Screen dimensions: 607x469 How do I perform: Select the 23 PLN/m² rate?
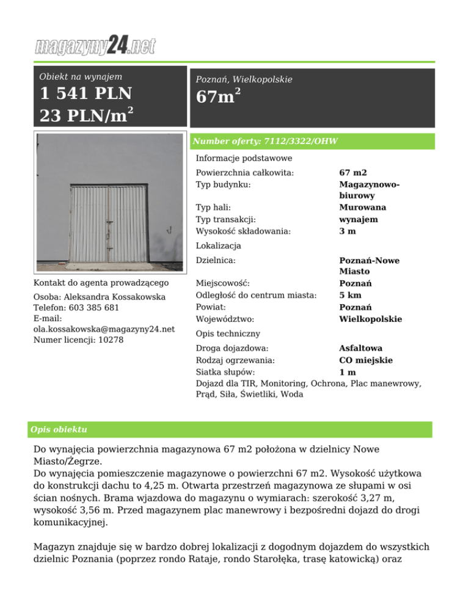[x=86, y=115]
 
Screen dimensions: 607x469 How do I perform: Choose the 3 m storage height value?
[x=347, y=231]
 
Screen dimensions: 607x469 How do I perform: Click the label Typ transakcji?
[x=224, y=220]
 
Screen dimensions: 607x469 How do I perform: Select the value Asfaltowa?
[x=361, y=348]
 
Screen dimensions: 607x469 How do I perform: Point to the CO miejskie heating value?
[x=366, y=360]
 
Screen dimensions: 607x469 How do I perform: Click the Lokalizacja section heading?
[x=218, y=246]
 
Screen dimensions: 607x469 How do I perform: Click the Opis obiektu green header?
[x=59, y=429]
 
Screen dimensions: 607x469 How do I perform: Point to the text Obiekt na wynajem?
[x=81, y=77]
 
